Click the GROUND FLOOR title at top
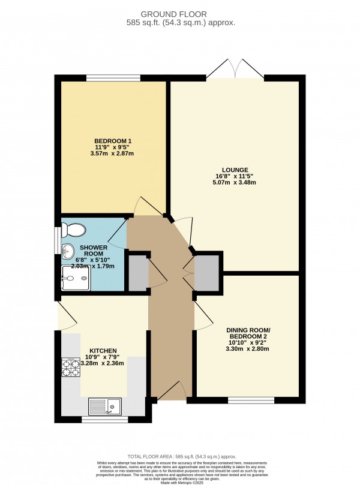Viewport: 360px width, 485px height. click(x=179, y=13)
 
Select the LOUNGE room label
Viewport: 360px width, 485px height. click(x=234, y=170)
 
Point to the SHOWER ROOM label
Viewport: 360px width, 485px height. click(x=93, y=251)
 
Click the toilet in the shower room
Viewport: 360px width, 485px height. click(x=74, y=230)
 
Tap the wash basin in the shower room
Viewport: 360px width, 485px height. click(x=68, y=252)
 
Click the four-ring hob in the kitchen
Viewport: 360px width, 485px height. click(x=71, y=367)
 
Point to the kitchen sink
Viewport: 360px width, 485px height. click(x=104, y=406)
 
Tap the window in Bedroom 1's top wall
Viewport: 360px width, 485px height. click(x=113, y=77)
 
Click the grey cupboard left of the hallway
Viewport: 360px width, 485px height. click(x=138, y=273)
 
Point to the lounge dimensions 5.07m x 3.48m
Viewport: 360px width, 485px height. click(x=234, y=183)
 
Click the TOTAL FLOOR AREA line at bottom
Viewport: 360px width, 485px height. click(x=180, y=456)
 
